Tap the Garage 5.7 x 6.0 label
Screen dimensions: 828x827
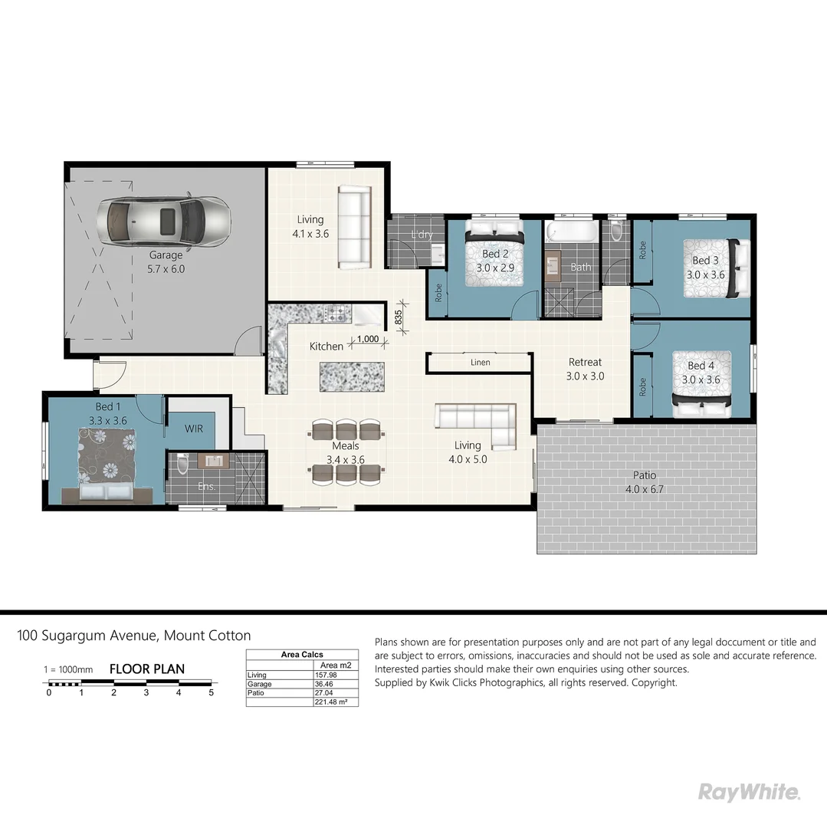click(166, 262)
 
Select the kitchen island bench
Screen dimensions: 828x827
click(350, 376)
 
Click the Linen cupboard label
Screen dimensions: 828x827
click(480, 363)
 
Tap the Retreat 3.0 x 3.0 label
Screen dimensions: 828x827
click(585, 369)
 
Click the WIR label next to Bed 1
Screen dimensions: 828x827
click(194, 429)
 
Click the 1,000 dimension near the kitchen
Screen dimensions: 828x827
click(368, 339)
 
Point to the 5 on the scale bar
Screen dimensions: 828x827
click(211, 693)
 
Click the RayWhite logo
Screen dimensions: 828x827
click(749, 792)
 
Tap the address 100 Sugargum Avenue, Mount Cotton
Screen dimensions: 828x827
click(134, 636)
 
